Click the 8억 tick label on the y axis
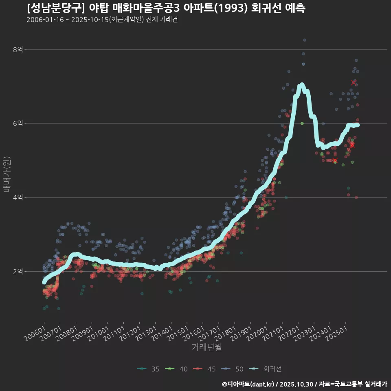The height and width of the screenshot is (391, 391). (18, 49)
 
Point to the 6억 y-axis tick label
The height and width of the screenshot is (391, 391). (18, 123)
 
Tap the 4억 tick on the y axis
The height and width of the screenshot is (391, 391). (18, 198)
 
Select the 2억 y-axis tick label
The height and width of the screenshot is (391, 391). (18, 272)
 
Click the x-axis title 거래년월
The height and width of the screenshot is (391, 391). (206, 347)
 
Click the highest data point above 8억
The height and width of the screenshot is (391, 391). (305, 40)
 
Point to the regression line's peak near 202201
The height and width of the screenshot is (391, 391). (301, 85)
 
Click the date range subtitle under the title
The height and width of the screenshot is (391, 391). (102, 20)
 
